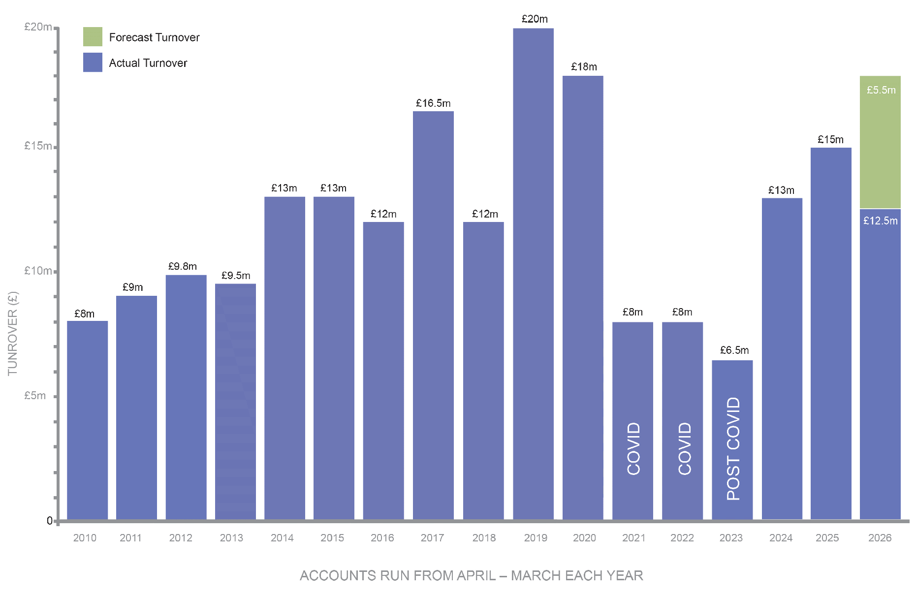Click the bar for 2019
[533, 274]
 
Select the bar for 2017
[433, 315]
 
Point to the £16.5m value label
[433, 103]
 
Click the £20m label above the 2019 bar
[535, 19]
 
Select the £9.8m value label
[183, 266]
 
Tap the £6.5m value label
[734, 350]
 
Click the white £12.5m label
[880, 221]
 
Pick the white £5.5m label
[881, 90]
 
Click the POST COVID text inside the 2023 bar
[733, 448]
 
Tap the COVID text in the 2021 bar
[633, 448]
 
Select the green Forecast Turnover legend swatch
[93, 37]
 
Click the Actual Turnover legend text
[148, 63]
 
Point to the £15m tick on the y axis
[38, 146]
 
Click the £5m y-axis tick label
[35, 396]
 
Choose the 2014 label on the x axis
[282, 538]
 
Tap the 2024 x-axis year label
[781, 538]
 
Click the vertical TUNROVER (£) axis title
[13, 333]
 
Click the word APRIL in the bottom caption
[476, 576]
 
